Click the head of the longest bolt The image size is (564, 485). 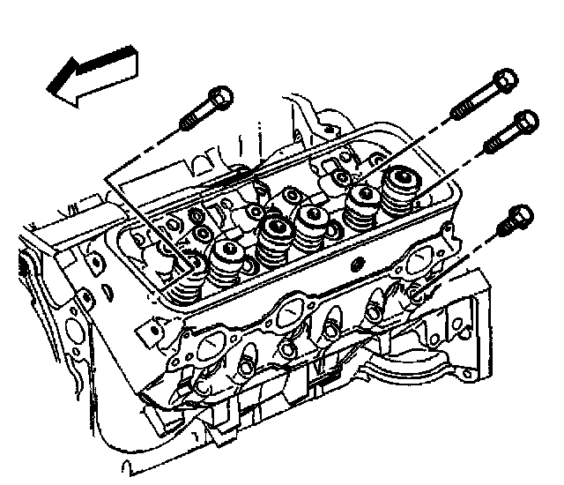pyautogui.click(x=503, y=80)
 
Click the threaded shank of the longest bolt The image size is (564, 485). pyautogui.click(x=466, y=105)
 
